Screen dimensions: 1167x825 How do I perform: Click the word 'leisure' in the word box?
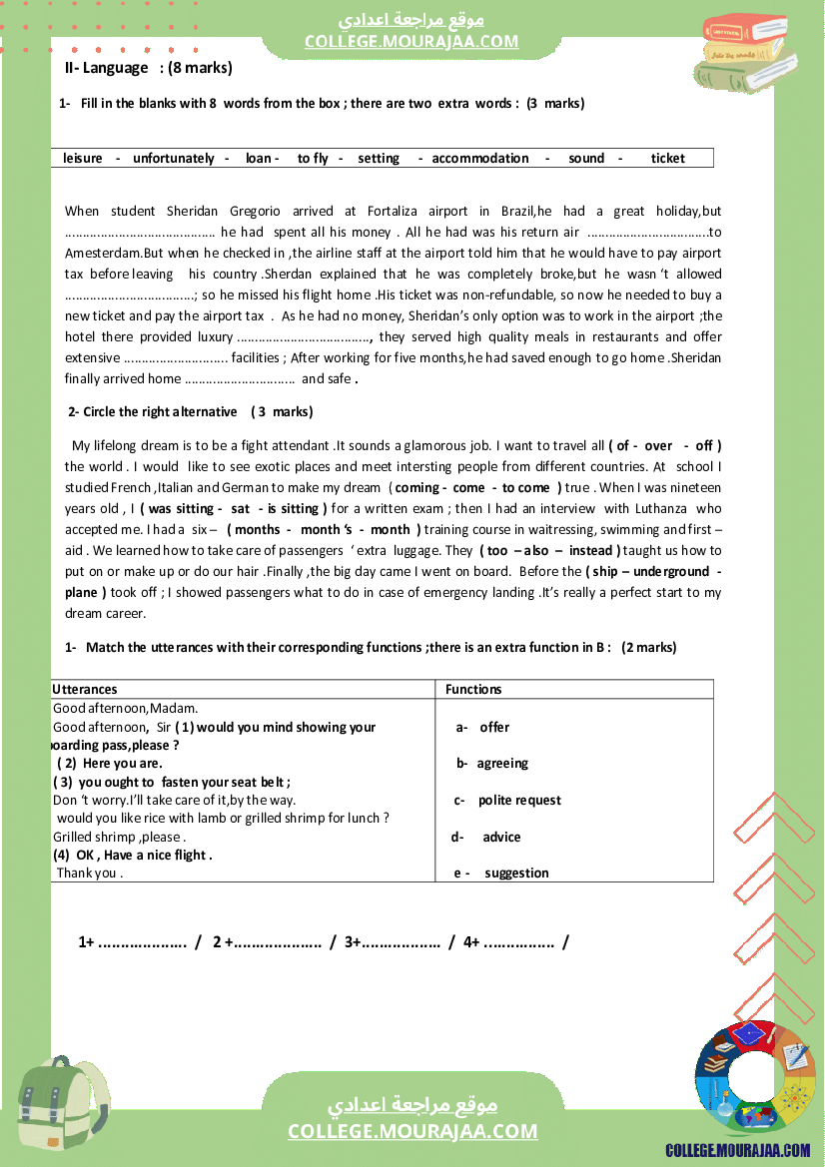83,158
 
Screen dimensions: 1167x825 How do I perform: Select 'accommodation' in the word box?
480,158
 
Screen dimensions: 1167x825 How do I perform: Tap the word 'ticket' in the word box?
668,158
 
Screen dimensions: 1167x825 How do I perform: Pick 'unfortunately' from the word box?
174,158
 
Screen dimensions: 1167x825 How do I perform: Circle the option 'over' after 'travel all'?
658,445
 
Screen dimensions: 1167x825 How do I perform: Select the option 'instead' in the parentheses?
592,550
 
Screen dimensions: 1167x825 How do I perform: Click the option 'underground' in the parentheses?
671,571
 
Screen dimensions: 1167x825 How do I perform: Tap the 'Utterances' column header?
85,689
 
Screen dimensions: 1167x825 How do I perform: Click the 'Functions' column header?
473,689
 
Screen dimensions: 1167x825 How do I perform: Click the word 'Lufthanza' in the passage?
659,508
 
